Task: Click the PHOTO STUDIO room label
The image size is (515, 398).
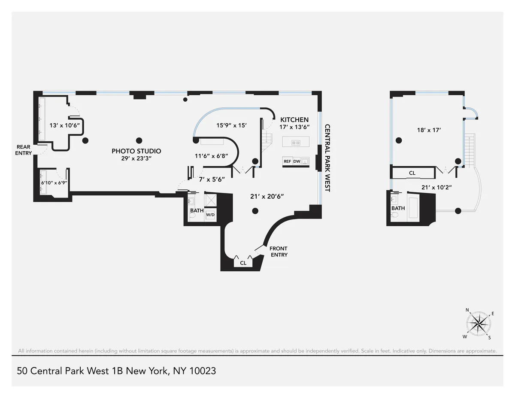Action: tap(136, 151)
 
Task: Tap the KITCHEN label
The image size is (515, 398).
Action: tap(294, 120)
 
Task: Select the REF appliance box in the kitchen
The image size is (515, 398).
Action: tap(287, 161)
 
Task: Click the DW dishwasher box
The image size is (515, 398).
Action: tap(297, 161)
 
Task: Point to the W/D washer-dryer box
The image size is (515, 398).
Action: tap(210, 215)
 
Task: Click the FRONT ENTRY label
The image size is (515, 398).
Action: tap(278, 252)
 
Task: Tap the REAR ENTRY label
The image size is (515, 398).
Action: tap(24, 150)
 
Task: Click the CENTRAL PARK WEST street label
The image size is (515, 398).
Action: tap(327, 158)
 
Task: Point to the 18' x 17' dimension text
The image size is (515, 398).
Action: tap(426, 129)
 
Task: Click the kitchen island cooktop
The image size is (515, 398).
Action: tap(296, 143)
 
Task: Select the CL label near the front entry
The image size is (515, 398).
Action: tap(243, 263)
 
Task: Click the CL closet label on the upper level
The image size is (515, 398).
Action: tap(412, 173)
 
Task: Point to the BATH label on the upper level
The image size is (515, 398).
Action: tap(398, 208)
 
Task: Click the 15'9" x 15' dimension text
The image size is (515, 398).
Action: tap(231, 126)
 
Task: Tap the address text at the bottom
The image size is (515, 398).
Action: tap(116, 371)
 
